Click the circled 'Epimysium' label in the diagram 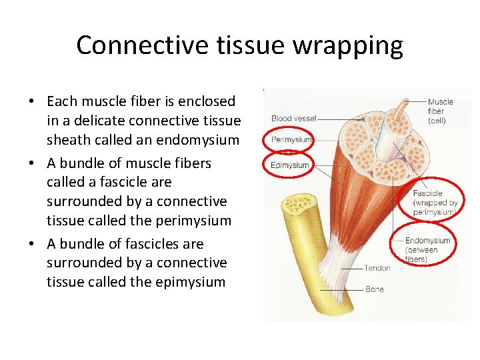click(290, 165)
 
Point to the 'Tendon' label click(377, 268)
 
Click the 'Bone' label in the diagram click(374, 290)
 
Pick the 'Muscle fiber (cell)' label click(440, 111)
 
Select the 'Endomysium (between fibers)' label click(427, 249)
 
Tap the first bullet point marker click(32, 102)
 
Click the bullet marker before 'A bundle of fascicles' click(32, 245)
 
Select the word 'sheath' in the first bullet click(68, 140)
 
